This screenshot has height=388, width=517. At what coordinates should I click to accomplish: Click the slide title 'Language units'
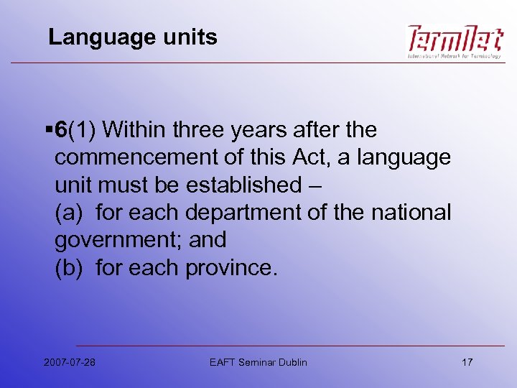(132, 37)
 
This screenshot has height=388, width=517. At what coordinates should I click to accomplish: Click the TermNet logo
(454, 42)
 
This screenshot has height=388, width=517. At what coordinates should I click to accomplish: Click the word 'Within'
(142, 130)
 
